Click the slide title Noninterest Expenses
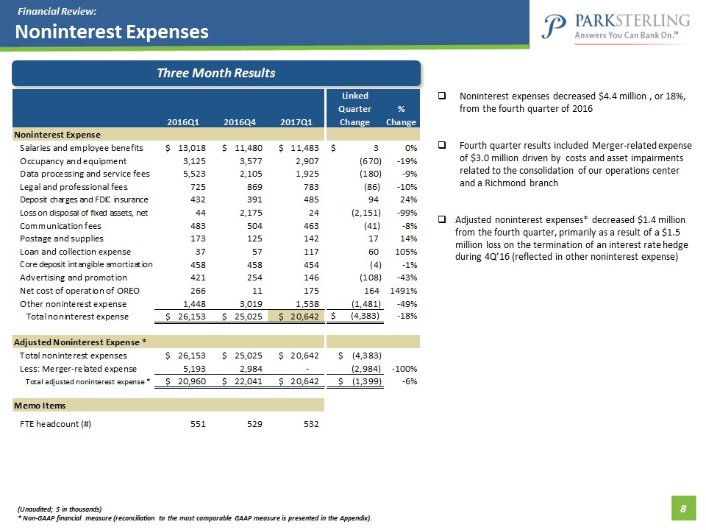pos(113,32)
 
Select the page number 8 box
pos(683,508)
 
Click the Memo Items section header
pos(39,406)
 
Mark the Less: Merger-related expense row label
pos(78,368)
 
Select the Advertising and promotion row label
pos(74,278)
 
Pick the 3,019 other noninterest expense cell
pos(244,304)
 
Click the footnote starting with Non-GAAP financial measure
pos(195,518)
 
